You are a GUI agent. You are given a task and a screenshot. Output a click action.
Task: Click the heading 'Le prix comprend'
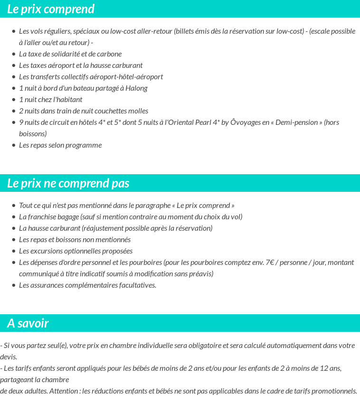coord(51,9)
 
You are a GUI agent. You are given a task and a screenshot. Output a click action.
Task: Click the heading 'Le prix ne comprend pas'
coord(68,183)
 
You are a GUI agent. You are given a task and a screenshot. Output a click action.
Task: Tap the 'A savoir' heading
coord(28,323)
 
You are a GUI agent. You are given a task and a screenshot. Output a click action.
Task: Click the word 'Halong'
coord(136,88)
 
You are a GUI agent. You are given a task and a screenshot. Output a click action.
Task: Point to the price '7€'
coord(270,263)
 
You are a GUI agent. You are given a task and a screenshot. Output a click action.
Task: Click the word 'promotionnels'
coord(335,391)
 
